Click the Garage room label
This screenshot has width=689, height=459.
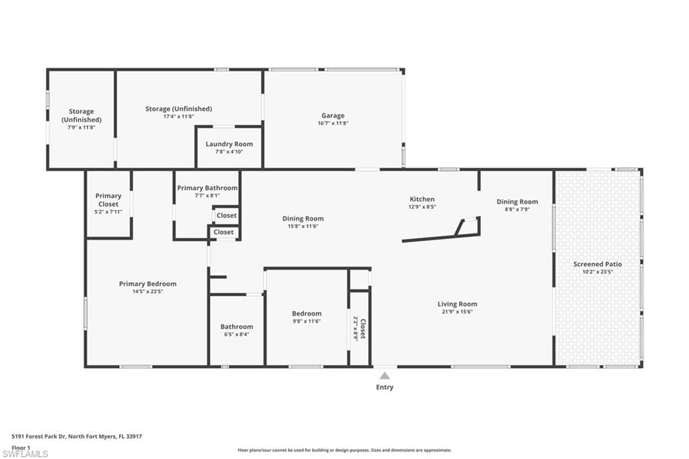coord(332,116)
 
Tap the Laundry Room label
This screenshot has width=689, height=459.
coord(229,144)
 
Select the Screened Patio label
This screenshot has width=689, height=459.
coord(597,264)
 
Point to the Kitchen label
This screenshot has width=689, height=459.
coord(423,199)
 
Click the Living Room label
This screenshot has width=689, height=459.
coord(457,304)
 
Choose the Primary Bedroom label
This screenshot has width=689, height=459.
coord(147,284)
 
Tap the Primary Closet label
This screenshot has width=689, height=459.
coord(108,200)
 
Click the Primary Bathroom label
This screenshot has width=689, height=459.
coord(207,188)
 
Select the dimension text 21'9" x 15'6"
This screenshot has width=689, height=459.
coord(457,312)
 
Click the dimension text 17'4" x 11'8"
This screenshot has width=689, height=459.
coord(178,116)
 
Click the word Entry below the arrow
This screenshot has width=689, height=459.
coord(385,388)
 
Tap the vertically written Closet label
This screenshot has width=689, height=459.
coord(363,328)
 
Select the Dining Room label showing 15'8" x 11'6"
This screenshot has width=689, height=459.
coord(303,219)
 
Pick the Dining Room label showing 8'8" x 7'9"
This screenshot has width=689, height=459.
coord(517,202)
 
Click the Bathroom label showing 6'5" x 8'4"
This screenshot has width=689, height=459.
coord(237,326)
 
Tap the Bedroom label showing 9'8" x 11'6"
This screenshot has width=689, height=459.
coord(306,314)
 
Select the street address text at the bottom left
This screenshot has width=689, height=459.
coord(77,436)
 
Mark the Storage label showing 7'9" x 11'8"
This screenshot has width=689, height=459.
coord(81,115)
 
